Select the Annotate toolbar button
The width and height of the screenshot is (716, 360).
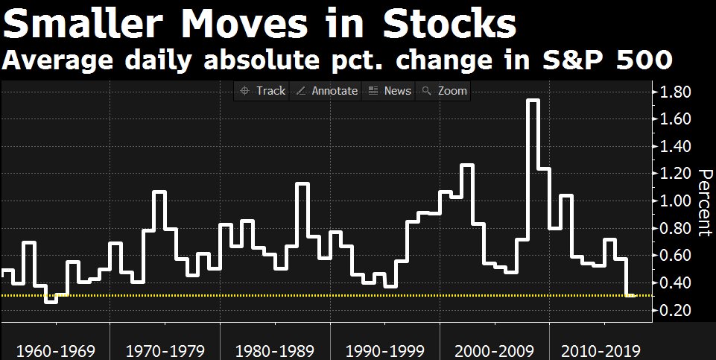click(x=327, y=91)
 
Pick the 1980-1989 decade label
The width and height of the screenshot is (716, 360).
click(x=274, y=350)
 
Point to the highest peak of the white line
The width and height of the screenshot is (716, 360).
click(x=533, y=100)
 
